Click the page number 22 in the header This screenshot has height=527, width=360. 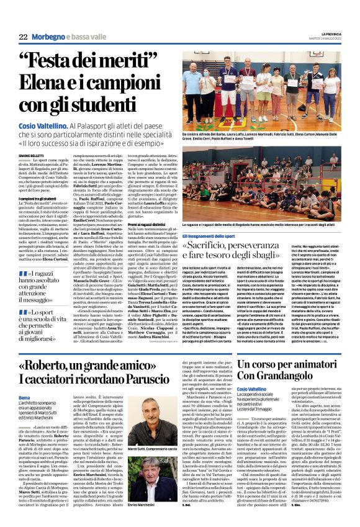(x=22, y=37)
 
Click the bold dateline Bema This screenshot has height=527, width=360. (x=24, y=395)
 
